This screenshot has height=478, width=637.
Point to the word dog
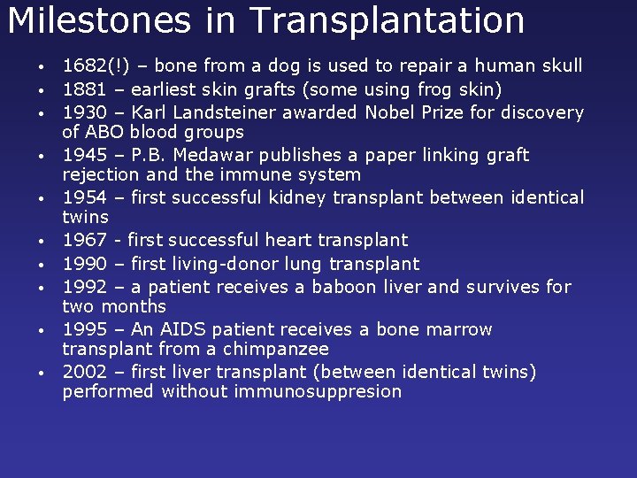290,66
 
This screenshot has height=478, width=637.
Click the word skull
562,66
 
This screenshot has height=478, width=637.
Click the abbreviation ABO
106,132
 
